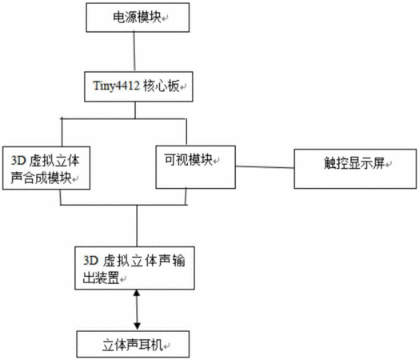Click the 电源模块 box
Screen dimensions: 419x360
click(138, 18)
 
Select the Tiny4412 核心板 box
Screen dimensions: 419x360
click(138, 86)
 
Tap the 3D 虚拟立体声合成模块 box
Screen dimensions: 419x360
click(46, 168)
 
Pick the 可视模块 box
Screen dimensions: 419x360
click(196, 167)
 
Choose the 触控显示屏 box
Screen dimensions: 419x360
click(355, 169)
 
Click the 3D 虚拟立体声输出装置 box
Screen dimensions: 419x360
click(134, 268)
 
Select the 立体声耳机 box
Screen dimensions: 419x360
click(133, 344)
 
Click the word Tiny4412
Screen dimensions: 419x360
click(116, 86)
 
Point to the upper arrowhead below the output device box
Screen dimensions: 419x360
click(137, 293)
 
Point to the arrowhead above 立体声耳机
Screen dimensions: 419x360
click(137, 326)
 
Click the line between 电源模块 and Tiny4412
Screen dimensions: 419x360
click(134, 52)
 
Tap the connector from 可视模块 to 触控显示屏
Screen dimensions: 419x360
click(265, 167)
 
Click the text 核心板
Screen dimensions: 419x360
click(162, 86)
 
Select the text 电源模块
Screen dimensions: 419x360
click(137, 17)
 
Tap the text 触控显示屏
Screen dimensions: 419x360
click(354, 162)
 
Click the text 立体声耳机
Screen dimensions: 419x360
click(133, 345)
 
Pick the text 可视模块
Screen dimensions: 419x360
click(188, 159)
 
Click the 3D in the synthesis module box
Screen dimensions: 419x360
click(18, 161)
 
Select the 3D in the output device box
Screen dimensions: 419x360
click(91, 260)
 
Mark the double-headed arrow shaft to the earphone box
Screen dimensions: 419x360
click(137, 310)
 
